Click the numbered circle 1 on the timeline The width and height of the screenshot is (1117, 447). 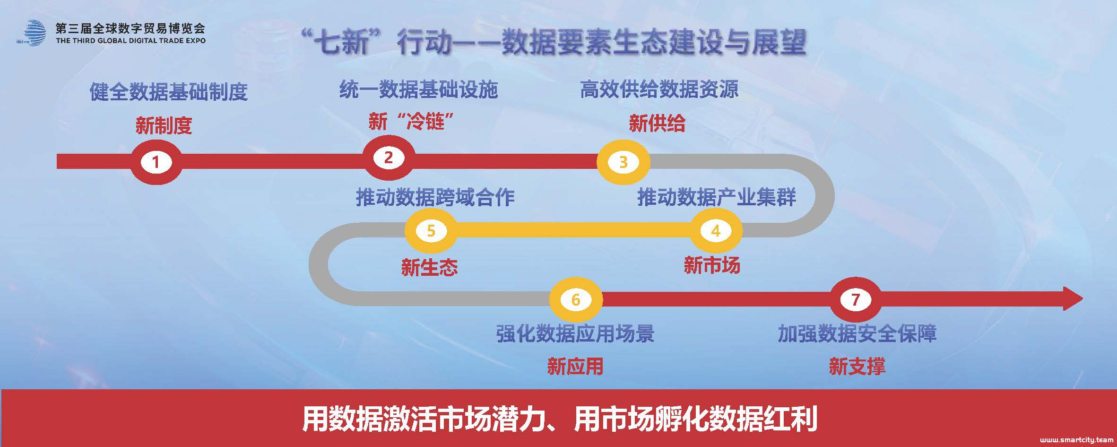coord(156,162)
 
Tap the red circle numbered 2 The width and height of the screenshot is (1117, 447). coord(389,158)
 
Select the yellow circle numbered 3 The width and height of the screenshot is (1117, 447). coord(623,162)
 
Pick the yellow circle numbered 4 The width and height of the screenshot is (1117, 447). coord(716,231)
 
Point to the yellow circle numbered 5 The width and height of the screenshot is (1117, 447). coord(431,231)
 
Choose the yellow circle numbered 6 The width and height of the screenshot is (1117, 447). coord(576,299)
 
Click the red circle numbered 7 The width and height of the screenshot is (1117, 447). coord(855,299)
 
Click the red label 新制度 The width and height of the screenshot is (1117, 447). coord(164,126)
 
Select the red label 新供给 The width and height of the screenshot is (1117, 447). coord(657,124)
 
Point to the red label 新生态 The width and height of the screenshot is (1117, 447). coord(429,267)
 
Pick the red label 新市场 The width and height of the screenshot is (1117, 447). coord(712,265)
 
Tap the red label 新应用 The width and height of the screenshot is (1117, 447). coord(575,367)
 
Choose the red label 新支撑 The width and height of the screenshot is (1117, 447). coord(857,367)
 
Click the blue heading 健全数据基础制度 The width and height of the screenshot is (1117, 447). coord(169,92)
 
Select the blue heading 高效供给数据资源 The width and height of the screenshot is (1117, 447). coord(659,89)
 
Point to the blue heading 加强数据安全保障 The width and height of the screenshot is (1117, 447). coord(857,334)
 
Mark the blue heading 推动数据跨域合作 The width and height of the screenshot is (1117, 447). coord(435,197)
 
